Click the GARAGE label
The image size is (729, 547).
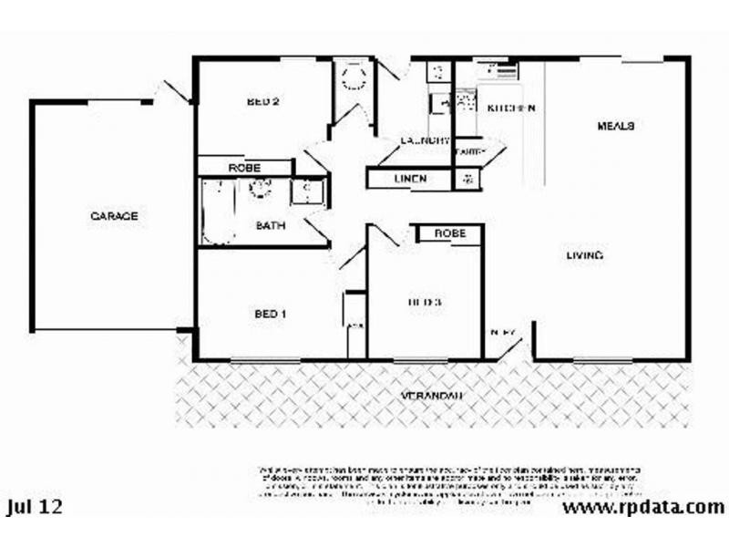click(114, 216)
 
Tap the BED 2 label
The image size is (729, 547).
click(262, 102)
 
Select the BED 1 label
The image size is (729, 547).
click(271, 315)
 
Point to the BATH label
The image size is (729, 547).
click(271, 224)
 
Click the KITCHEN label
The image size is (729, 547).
click(510, 108)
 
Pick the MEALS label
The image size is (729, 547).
click(615, 125)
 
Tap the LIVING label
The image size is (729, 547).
click(583, 255)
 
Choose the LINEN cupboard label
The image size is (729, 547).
click(410, 179)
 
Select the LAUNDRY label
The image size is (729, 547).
click(426, 140)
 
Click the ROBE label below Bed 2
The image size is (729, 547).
click(244, 168)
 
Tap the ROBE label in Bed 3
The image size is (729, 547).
click(449, 233)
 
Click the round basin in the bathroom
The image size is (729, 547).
click(262, 189)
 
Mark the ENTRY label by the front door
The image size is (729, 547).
click(503, 333)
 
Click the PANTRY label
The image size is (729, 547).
click(468, 151)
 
